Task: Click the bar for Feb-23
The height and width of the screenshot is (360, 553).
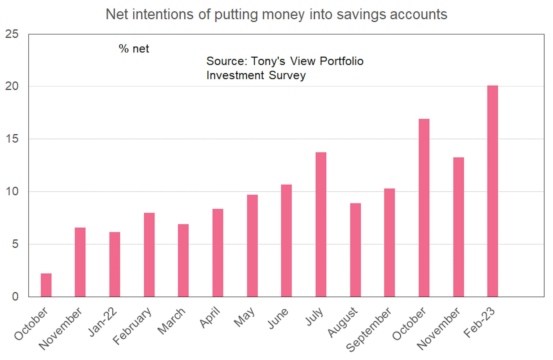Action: (x=493, y=191)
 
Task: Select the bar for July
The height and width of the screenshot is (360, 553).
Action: (x=321, y=224)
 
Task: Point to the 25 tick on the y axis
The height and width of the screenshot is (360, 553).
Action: (x=12, y=34)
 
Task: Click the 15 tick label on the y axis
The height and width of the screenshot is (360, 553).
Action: (x=12, y=139)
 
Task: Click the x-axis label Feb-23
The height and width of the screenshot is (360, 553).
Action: (x=479, y=322)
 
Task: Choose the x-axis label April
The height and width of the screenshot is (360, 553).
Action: (x=210, y=318)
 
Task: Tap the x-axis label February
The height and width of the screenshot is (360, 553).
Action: (x=132, y=326)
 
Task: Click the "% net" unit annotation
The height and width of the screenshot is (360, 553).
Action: (x=134, y=49)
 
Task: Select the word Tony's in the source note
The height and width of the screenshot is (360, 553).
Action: (x=268, y=61)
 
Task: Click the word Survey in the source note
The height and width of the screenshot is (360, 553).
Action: (x=287, y=75)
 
